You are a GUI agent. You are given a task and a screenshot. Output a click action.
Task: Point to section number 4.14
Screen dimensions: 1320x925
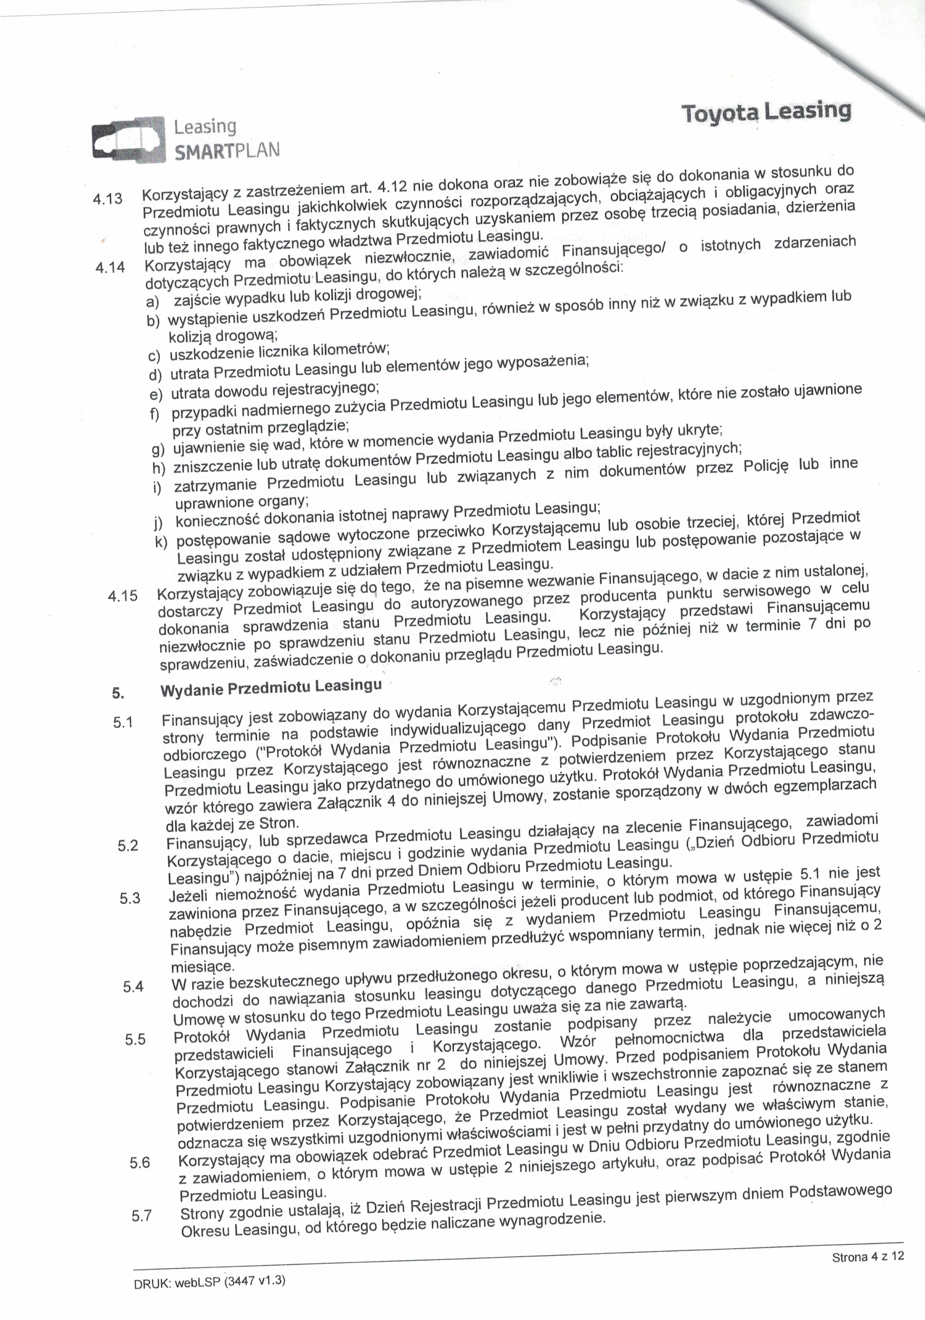click(x=110, y=268)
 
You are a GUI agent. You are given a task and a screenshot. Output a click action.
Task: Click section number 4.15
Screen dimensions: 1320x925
click(x=123, y=596)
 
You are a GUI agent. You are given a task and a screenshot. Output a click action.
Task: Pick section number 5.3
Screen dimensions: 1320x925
click(x=130, y=898)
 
